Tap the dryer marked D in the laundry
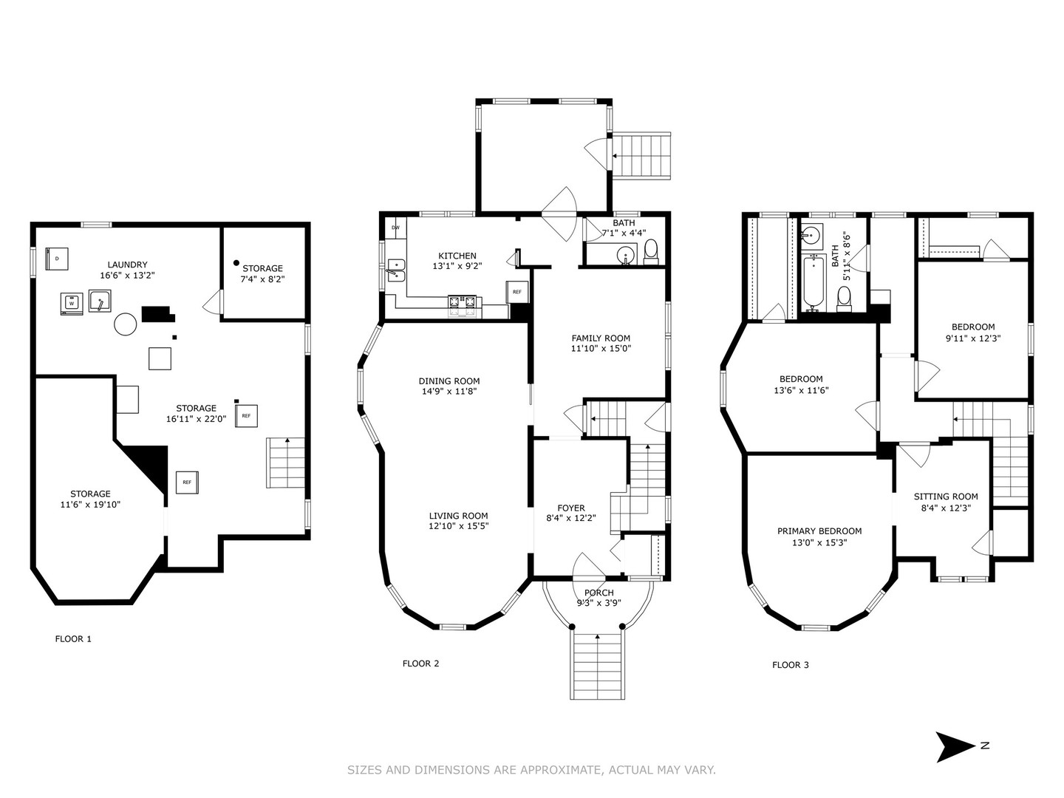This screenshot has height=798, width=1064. coord(57,259)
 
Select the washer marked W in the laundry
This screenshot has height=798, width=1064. coord(72,304)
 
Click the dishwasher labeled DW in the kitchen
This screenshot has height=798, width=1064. coord(395,228)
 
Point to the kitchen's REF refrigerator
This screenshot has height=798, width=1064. coord(516,292)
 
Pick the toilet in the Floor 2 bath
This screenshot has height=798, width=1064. coord(651,252)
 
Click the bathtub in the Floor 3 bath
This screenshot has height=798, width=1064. coord(813,283)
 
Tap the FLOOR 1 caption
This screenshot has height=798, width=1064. coord(73,638)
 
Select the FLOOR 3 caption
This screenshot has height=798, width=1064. coord(790,665)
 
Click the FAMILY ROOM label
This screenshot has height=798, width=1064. coord(601,338)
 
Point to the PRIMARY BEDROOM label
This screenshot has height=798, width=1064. coord(819,531)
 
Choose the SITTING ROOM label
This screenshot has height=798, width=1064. coord(945,497)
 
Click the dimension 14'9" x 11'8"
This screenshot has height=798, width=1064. coord(449,392)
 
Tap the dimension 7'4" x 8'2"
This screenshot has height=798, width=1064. coord(262,279)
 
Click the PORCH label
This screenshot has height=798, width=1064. coord(598,593)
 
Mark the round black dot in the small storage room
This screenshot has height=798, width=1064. coord(236,262)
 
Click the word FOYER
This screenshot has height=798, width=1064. coord(571,508)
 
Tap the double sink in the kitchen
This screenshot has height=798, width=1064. coord(397,270)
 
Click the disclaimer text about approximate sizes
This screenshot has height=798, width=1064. coord(531,769)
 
